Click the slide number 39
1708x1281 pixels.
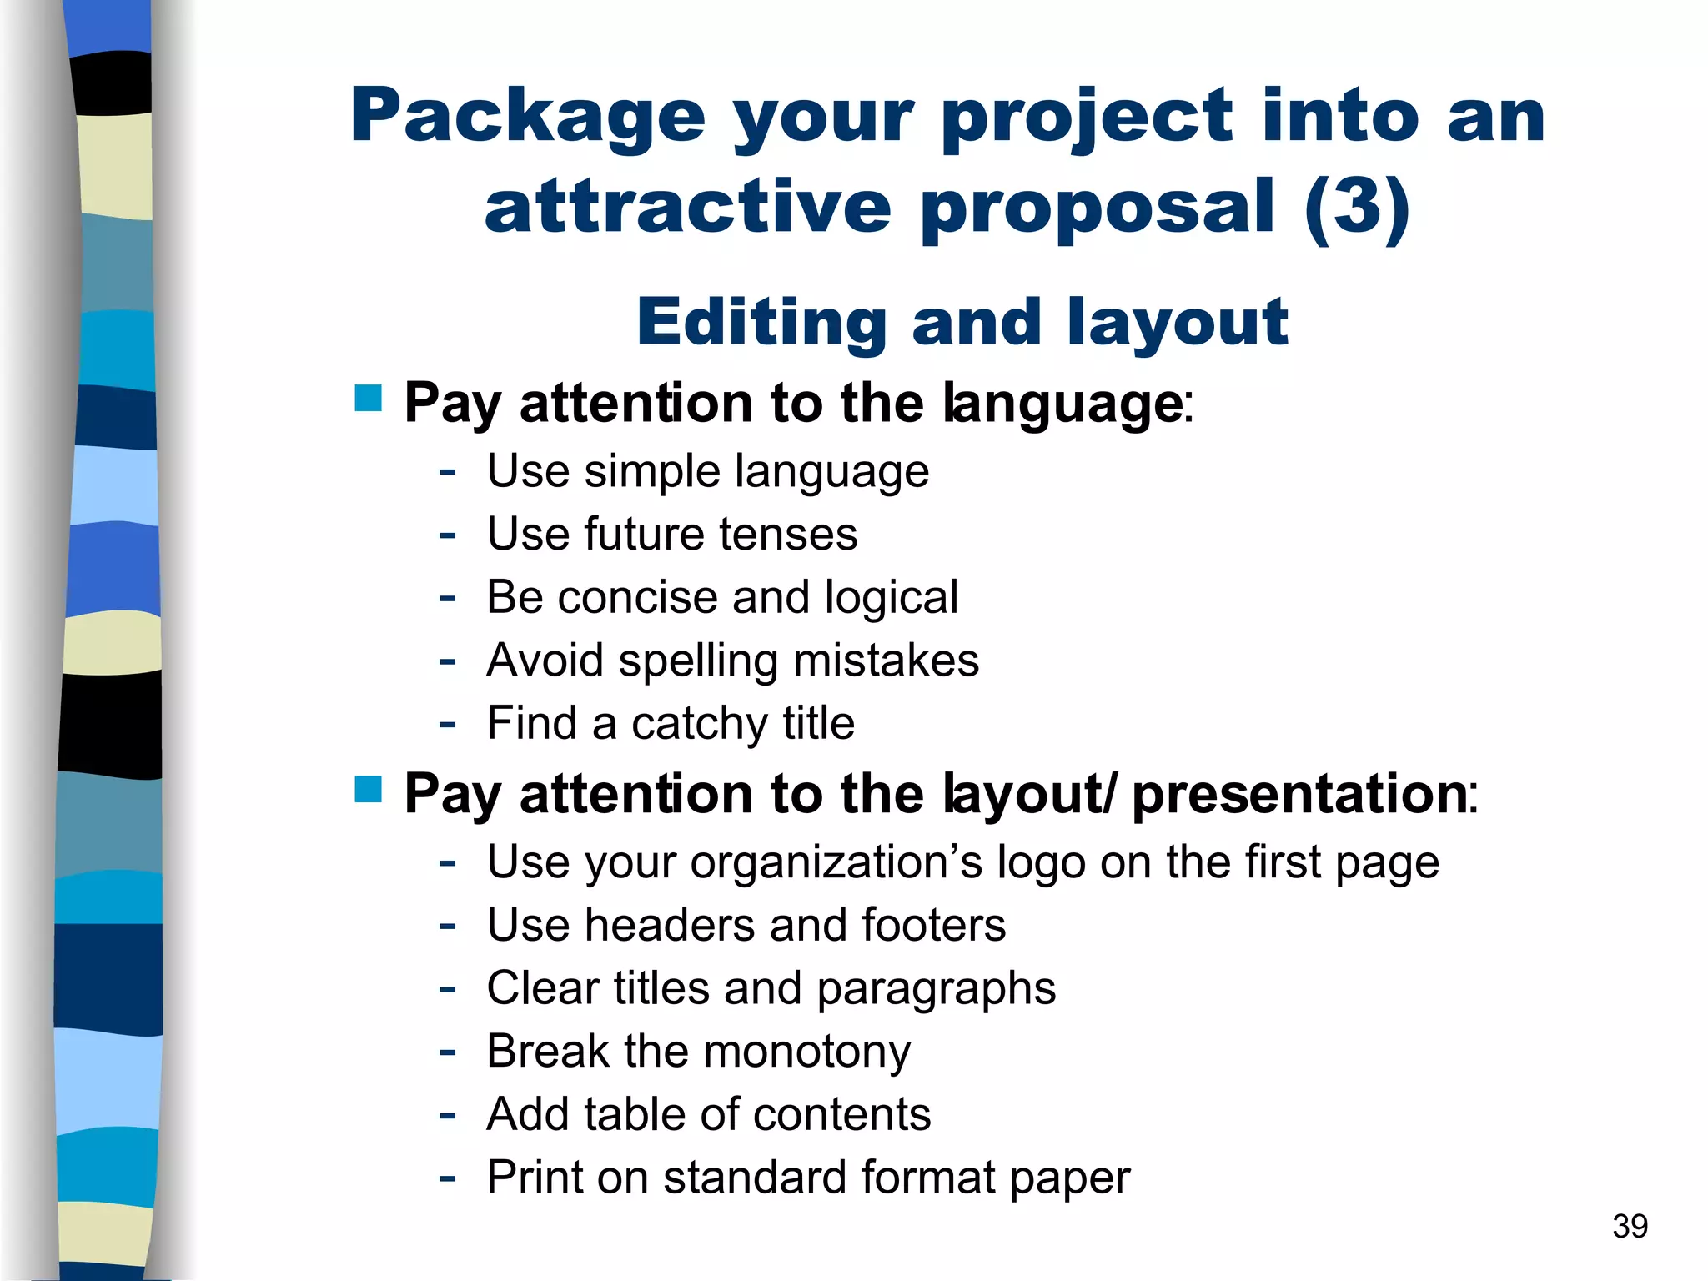(1630, 1226)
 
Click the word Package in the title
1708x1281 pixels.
(528, 118)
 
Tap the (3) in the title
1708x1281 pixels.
(1357, 207)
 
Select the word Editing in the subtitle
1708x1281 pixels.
(761, 322)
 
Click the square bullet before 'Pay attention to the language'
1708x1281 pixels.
(368, 398)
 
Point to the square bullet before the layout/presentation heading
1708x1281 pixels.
(368, 788)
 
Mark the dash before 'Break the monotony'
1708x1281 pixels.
(448, 1052)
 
